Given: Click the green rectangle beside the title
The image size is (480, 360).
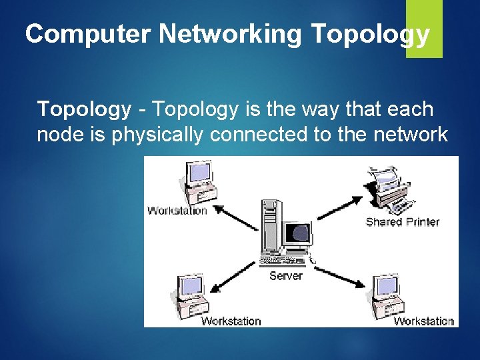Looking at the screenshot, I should [424, 28].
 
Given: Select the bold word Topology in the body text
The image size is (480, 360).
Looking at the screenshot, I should [84, 109].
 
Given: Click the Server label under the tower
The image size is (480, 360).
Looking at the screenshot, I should [286, 275].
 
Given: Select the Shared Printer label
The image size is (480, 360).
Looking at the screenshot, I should [402, 221].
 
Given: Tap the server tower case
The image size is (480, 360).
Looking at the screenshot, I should [271, 230].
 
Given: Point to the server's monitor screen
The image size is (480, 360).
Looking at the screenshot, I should [298, 234].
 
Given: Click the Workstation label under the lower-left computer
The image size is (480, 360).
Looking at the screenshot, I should [231, 321].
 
